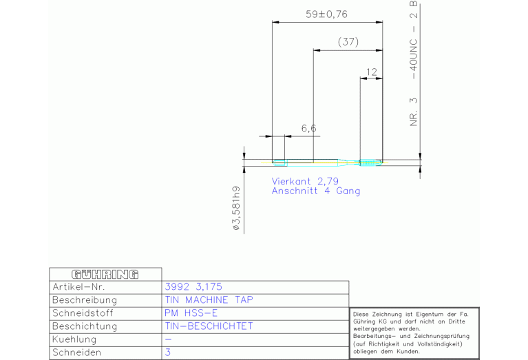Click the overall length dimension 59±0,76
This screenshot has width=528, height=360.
327,13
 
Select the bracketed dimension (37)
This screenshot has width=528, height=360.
348,42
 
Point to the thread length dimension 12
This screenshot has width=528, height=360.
372,71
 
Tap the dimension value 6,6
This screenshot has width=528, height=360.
308,128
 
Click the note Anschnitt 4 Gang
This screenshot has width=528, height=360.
315,191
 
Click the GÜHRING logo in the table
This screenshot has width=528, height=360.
105,275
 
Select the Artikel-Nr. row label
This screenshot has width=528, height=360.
78,287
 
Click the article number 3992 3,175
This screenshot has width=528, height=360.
193,287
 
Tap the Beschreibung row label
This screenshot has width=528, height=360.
85,300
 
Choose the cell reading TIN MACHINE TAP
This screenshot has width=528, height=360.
209,300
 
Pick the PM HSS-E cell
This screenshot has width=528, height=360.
191,313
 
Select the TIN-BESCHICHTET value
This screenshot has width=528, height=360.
209,326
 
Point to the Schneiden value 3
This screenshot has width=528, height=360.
168,352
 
